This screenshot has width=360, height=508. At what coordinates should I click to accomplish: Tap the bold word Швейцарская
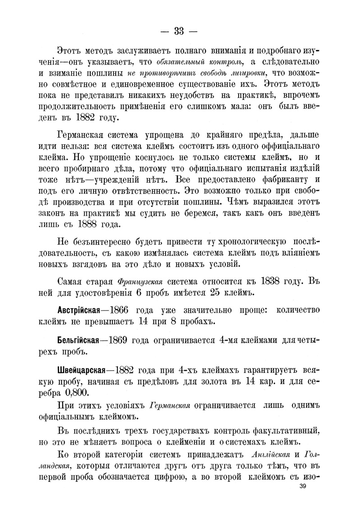click(81, 370)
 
